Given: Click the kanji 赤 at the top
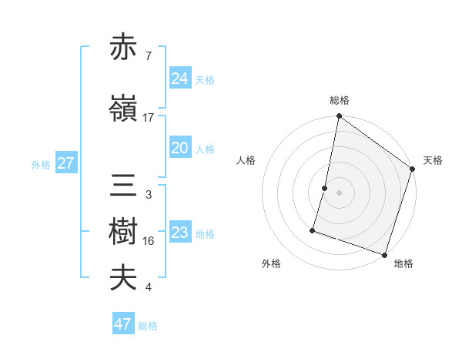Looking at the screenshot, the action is [x=124, y=49].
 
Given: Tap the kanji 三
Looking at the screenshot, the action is [x=124, y=187].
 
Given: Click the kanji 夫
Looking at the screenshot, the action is [x=124, y=278].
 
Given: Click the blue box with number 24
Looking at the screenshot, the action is [x=179, y=79].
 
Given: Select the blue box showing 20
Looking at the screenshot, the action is [x=179, y=148].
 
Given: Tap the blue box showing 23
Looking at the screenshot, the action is [x=179, y=233].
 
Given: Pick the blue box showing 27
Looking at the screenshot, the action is [x=65, y=163].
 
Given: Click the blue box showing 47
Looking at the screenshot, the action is [x=123, y=324].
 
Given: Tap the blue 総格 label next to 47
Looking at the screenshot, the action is [x=149, y=326].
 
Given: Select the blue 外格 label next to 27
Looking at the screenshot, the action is [x=41, y=164].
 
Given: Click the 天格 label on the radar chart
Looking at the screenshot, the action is [x=433, y=160].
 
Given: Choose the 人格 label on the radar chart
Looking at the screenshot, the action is [x=246, y=160].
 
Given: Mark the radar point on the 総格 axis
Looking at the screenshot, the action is [x=339, y=116].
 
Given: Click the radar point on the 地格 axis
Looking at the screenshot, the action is [x=384, y=254].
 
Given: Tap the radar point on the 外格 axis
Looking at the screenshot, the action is [x=313, y=230].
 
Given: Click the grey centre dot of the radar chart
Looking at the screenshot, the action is [x=339, y=193].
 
